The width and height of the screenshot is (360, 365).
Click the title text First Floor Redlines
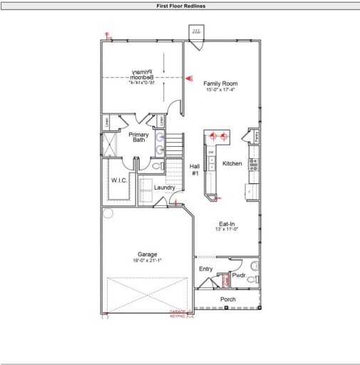(180, 6)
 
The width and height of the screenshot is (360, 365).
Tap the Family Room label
(220, 83)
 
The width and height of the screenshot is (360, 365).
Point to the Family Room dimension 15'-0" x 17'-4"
(220, 90)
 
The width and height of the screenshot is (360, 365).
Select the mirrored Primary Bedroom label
(143, 74)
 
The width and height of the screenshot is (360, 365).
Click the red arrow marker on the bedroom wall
(189, 78)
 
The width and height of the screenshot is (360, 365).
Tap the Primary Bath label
(138, 137)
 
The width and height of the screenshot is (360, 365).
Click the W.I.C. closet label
(119, 180)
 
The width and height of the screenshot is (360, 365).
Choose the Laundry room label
(165, 187)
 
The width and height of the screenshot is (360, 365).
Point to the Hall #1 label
(195, 170)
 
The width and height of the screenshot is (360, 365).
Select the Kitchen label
(232, 163)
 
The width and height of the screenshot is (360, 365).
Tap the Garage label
(148, 254)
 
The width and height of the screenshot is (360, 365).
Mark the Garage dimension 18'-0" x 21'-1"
(148, 261)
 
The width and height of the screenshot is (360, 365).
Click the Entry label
(205, 269)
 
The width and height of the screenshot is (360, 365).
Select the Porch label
(227, 299)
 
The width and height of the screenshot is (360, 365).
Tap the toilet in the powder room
(252, 279)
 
